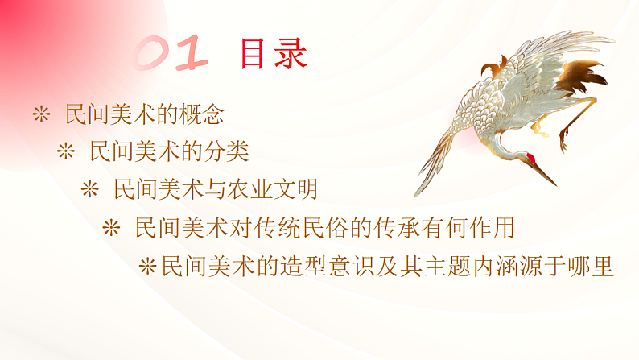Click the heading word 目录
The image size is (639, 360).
coord(274,55)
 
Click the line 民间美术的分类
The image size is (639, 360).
coord(169,151)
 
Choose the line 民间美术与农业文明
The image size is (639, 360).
coord(215,190)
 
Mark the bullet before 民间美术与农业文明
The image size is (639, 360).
coord(89,190)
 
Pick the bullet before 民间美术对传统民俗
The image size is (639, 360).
coord(112,229)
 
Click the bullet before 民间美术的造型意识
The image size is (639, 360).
coord(147,266)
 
